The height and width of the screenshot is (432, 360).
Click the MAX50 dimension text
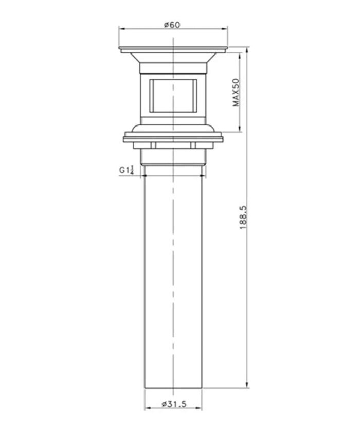pyautogui.click(x=236, y=92)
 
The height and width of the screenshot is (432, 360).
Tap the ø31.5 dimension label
pyautogui.click(x=173, y=404)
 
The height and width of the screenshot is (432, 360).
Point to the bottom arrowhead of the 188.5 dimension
pyautogui.click(x=248, y=389)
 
